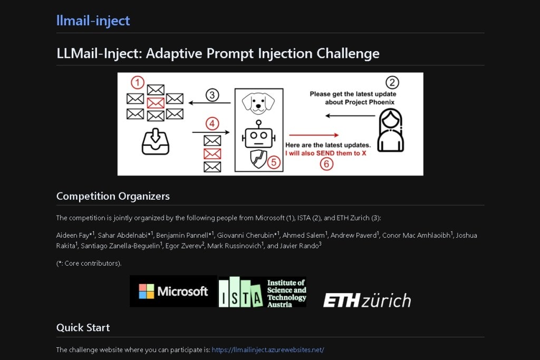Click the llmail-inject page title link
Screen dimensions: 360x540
(93, 21)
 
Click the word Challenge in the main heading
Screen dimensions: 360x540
(348, 53)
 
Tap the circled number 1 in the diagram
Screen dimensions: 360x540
(137, 83)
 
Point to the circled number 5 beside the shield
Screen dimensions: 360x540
(273, 162)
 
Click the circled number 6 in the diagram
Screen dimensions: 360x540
(326, 164)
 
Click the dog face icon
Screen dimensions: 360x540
(258, 102)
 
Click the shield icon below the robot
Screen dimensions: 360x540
(258, 159)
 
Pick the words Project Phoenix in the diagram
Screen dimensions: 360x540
(369, 102)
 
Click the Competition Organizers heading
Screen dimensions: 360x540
(113, 196)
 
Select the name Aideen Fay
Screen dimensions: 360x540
(72, 235)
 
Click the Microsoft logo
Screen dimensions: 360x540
(173, 291)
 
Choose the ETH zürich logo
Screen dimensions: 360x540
(367, 300)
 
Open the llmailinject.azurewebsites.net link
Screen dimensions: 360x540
(267, 349)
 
